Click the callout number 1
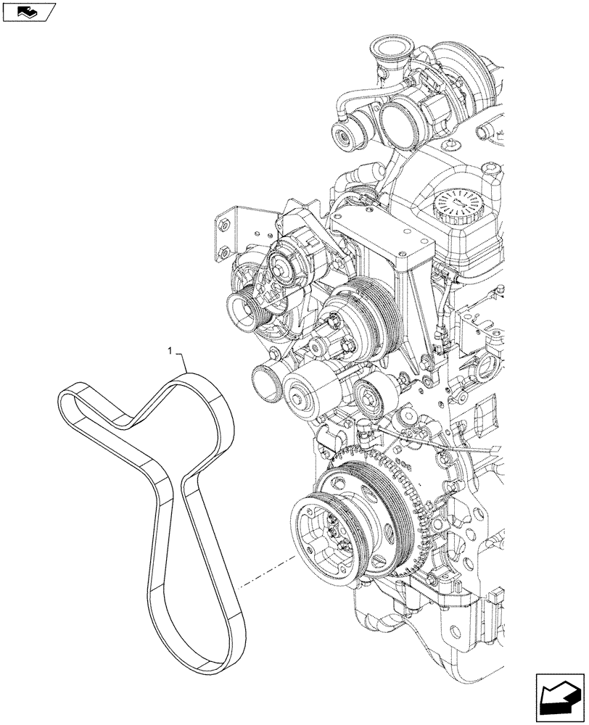click(170, 350)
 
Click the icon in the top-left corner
click(28, 11)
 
